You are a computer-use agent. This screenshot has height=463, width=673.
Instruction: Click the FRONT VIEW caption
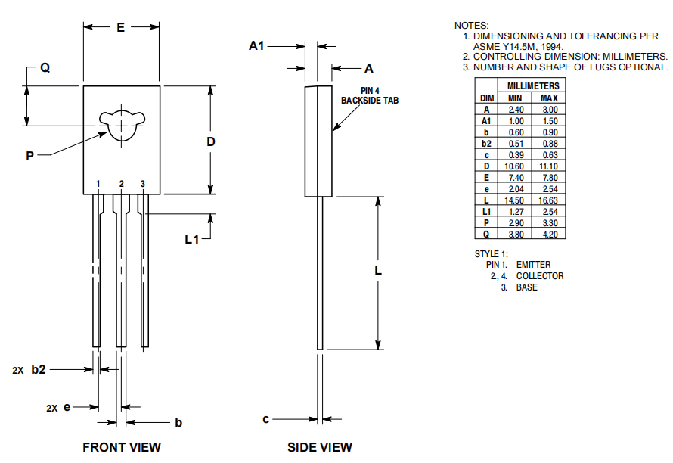[121, 447]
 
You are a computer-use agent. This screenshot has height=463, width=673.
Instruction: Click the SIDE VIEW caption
[319, 447]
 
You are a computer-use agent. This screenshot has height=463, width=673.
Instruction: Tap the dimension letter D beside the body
[211, 142]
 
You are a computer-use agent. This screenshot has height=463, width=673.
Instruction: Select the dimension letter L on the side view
[378, 271]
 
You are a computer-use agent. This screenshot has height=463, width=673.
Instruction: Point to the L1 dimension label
[193, 239]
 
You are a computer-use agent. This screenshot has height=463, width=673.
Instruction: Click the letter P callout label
[29, 156]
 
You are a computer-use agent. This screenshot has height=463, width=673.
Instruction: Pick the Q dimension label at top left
[45, 67]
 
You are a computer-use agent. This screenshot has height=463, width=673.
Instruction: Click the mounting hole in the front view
[121, 124]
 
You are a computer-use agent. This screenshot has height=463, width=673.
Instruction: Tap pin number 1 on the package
[98, 184]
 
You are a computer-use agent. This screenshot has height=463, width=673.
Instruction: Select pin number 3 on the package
[143, 184]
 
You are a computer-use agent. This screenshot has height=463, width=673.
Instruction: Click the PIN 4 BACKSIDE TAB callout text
[369, 95]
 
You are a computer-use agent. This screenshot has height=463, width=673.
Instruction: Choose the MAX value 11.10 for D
[549, 166]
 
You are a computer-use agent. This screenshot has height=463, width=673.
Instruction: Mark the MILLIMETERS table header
[533, 86]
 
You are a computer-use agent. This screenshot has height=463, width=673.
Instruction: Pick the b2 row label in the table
[487, 143]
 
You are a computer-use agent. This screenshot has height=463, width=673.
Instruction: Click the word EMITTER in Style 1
[533, 265]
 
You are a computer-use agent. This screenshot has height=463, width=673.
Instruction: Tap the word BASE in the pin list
[527, 287]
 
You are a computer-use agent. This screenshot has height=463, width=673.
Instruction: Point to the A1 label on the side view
[257, 46]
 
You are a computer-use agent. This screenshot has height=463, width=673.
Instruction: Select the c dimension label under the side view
[266, 418]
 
